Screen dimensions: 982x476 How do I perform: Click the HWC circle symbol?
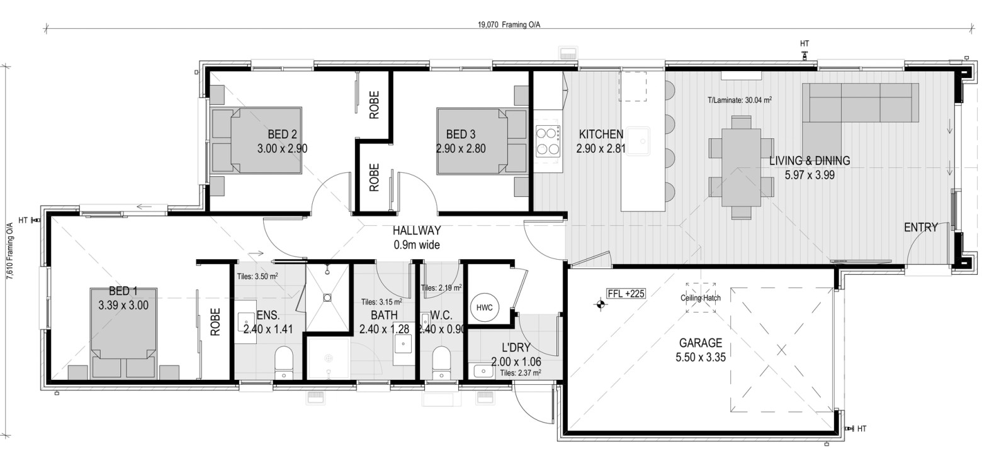click(x=485, y=307)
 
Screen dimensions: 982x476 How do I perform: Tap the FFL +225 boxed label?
click(x=626, y=294)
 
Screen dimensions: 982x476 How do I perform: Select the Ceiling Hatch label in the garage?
click(x=701, y=298)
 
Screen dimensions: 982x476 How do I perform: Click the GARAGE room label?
click(x=701, y=343)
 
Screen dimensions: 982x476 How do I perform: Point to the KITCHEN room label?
click(x=601, y=134)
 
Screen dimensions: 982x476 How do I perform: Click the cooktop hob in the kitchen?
click(x=548, y=141)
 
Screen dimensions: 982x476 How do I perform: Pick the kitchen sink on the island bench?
click(x=638, y=141)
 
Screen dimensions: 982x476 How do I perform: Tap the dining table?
click(x=742, y=167)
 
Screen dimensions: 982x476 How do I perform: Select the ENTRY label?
click(x=921, y=227)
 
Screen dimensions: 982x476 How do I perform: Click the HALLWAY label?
click(x=417, y=230)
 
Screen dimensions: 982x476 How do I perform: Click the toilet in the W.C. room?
click(x=441, y=363)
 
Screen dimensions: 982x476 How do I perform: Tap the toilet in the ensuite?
click(x=284, y=363)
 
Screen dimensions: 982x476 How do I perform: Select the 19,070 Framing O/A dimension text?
click(x=509, y=25)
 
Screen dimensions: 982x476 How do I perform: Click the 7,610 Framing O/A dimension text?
click(x=10, y=250)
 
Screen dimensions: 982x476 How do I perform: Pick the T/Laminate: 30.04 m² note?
click(x=740, y=100)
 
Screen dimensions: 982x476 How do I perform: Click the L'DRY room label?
click(x=516, y=348)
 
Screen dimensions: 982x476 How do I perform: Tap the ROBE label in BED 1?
click(x=215, y=322)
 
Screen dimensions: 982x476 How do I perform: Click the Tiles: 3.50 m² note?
click(x=257, y=276)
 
